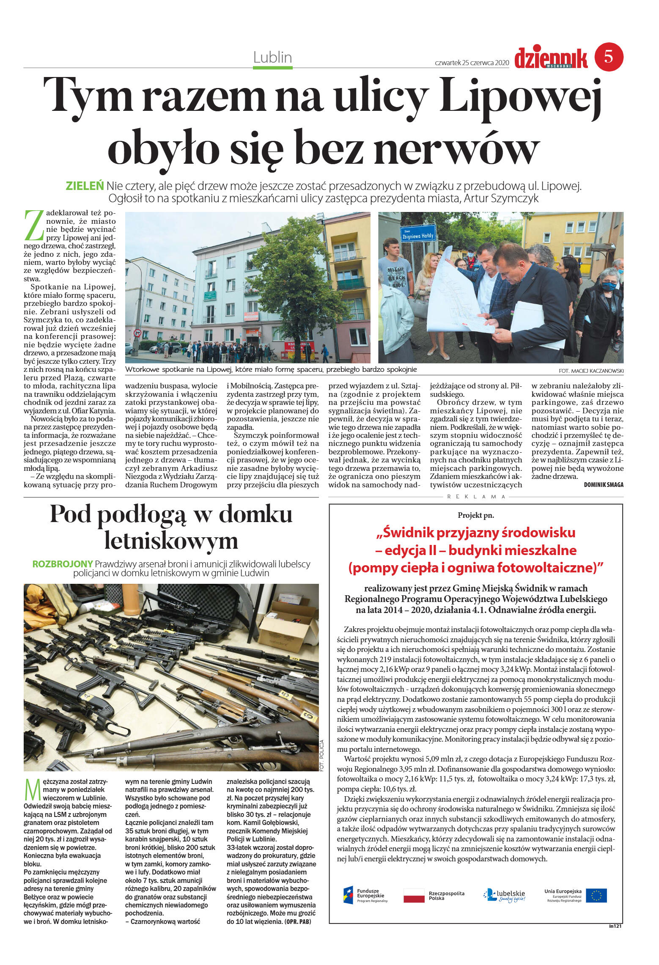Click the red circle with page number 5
pos(609,56)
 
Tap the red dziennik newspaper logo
pos(551,58)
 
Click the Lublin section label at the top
pos(272,57)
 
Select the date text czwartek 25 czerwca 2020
pos(471,63)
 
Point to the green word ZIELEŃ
pos(85,186)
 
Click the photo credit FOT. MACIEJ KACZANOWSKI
pos(590,371)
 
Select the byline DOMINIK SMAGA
pos(603,485)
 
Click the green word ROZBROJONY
pos(62,564)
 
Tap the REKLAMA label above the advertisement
pos(476,497)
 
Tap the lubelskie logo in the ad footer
pos(504,895)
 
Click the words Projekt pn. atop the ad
pos(475,515)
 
